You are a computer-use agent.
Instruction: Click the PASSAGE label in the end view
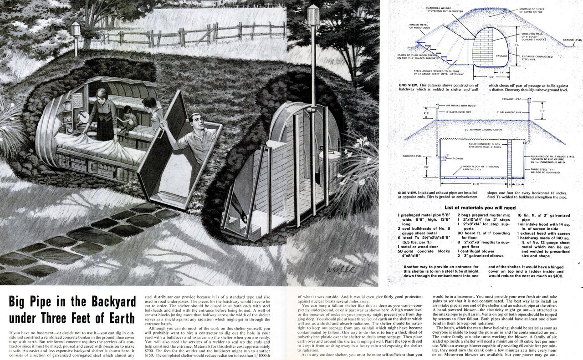[x=501, y=56]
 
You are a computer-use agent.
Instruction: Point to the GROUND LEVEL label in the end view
[x=573, y=40]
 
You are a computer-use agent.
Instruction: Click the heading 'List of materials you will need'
[x=483, y=207]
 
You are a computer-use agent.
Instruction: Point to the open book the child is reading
[x=123, y=121]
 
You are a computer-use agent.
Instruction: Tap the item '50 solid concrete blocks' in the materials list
[x=424, y=251]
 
